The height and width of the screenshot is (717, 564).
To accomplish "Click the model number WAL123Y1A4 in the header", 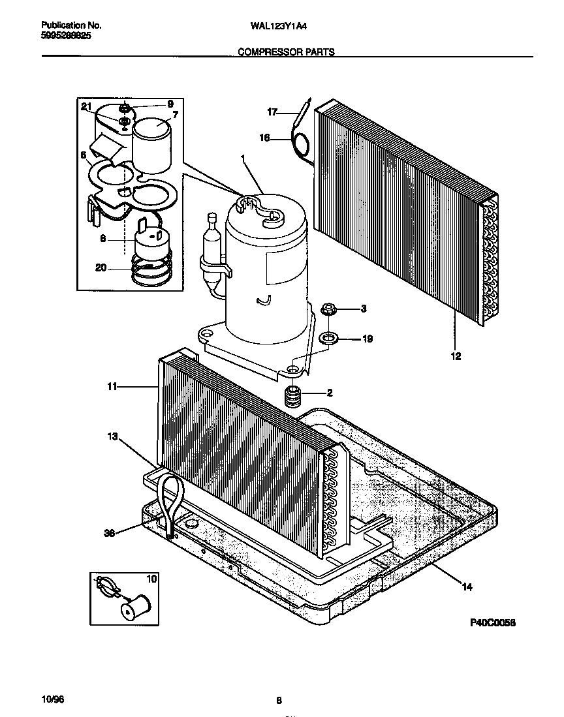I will tap(278, 27).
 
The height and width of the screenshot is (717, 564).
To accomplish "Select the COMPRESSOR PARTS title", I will tap(286, 52).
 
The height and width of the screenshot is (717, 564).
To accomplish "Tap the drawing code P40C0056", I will tap(493, 623).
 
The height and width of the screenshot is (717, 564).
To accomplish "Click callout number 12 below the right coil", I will tap(455, 356).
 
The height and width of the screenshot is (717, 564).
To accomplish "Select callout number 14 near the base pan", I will tap(466, 587).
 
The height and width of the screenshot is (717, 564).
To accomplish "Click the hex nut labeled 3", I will tap(328, 308).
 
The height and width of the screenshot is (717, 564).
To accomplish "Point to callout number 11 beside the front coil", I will tap(112, 387).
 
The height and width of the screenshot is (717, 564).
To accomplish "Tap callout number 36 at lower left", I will tap(110, 532).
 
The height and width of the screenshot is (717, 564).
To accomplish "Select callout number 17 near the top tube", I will tap(273, 112).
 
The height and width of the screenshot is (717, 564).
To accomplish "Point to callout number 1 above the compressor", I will tap(243, 159).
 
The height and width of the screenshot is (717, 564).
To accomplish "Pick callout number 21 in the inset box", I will tap(86, 107).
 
